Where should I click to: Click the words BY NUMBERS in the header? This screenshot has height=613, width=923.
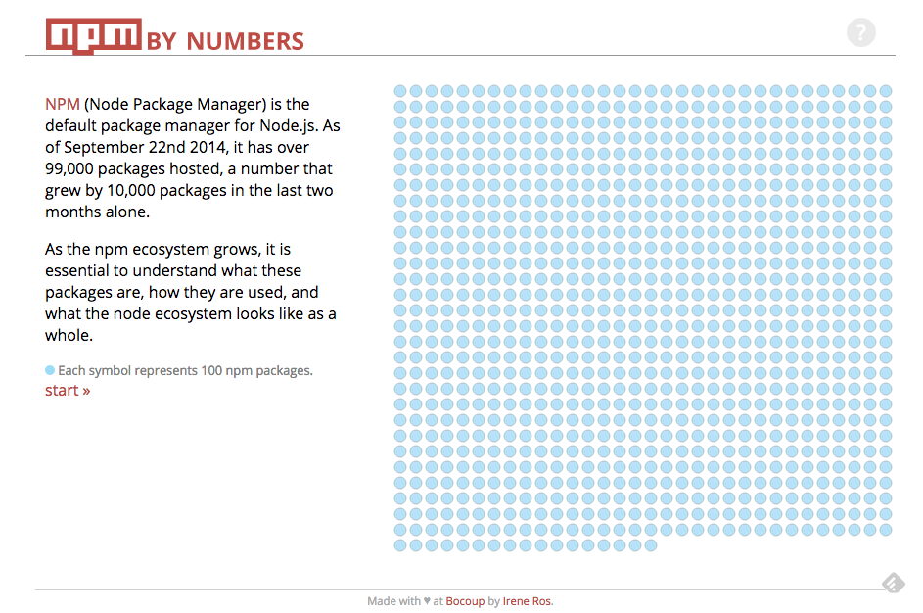pyautogui.click(x=226, y=41)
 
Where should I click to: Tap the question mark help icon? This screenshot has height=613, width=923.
pyautogui.click(x=860, y=33)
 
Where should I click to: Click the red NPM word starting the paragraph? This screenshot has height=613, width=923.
pyautogui.click(x=63, y=105)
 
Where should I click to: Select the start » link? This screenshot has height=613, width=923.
pyautogui.click(x=68, y=391)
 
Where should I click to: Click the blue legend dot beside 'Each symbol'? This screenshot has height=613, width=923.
pyautogui.click(x=50, y=370)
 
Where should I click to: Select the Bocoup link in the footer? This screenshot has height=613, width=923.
pyautogui.click(x=465, y=601)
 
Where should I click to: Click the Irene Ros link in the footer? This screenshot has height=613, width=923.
pyautogui.click(x=528, y=601)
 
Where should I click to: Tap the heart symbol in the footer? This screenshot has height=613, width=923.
pyautogui.click(x=427, y=601)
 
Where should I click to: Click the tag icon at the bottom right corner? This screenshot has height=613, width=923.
pyautogui.click(x=893, y=584)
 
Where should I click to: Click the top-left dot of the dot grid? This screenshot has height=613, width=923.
pyautogui.click(x=400, y=91)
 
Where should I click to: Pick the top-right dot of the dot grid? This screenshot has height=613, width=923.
pyautogui.click(x=886, y=91)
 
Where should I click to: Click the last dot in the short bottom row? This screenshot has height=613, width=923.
pyautogui.click(x=651, y=545)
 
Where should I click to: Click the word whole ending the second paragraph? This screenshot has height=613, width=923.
pyautogui.click(x=69, y=336)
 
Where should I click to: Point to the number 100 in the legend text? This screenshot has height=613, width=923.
pyautogui.click(x=203, y=371)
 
